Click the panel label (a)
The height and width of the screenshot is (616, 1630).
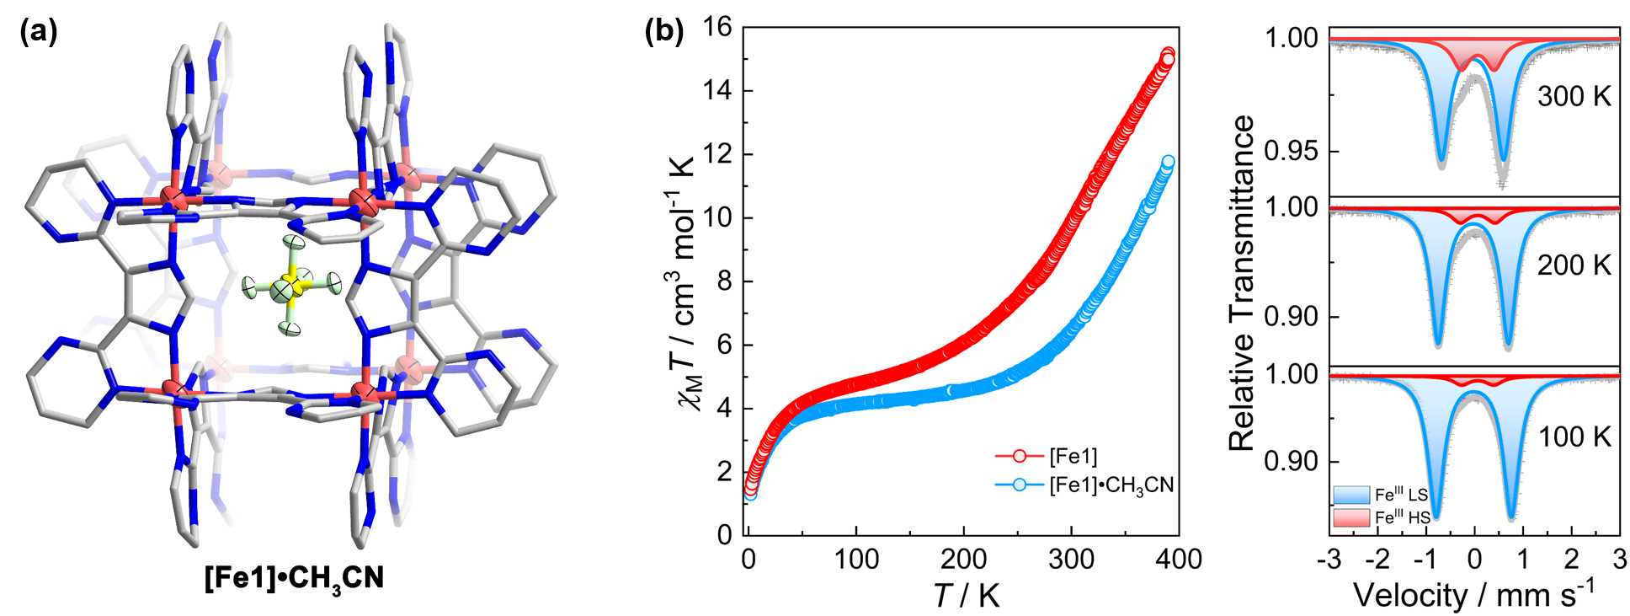pyautogui.click(x=40, y=32)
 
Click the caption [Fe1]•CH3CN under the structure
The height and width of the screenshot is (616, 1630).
pyautogui.click(x=294, y=579)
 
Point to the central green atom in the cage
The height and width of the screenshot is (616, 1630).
pyautogui.click(x=282, y=292)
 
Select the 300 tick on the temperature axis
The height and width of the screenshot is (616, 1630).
pyautogui.click(x=1071, y=559)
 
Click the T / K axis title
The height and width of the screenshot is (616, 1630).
pyautogui.click(x=966, y=596)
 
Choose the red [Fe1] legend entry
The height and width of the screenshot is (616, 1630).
pyautogui.click(x=1047, y=456)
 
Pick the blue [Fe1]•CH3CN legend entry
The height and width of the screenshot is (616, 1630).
pyautogui.click(x=1084, y=485)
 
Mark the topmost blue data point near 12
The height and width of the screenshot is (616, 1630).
pyautogui.click(x=1168, y=162)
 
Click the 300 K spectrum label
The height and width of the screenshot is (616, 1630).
pyautogui.click(x=1574, y=97)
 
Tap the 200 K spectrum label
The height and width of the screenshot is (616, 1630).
pyautogui.click(x=1574, y=265)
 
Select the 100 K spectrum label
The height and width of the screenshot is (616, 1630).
pyautogui.click(x=1574, y=437)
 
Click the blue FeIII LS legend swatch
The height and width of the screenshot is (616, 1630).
pyautogui.click(x=1351, y=495)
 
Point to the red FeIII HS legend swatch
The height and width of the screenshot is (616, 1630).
pyautogui.click(x=1351, y=517)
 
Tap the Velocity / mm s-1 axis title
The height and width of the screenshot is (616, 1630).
pyautogui.click(x=1473, y=595)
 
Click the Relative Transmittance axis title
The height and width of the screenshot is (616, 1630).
pyautogui.click(x=1241, y=282)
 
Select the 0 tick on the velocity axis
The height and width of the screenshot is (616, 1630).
pyautogui.click(x=1474, y=559)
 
